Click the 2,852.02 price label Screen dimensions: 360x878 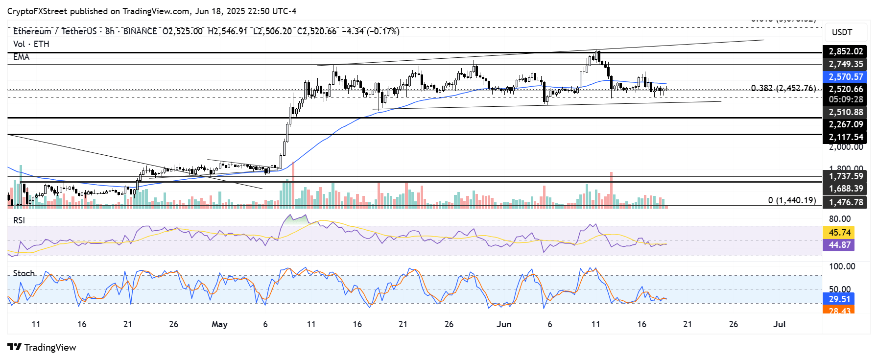845,51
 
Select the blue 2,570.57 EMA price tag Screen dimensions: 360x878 845,77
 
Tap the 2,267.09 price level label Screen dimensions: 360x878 845,124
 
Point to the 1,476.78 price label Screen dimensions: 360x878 845,202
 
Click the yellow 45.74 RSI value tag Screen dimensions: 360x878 839,233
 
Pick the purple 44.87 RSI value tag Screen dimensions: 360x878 839,245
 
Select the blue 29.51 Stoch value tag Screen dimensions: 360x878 839,299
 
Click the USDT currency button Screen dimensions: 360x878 842,32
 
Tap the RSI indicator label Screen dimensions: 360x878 19,220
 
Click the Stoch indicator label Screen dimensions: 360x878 24,273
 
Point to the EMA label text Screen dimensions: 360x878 21,57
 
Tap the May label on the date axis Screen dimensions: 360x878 219,324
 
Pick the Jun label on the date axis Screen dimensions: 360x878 503,324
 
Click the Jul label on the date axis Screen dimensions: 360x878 779,324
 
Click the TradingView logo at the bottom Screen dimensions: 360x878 42,347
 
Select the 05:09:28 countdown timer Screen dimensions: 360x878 845,99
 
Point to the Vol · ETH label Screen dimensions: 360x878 31,44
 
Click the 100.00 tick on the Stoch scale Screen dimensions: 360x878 842,266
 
